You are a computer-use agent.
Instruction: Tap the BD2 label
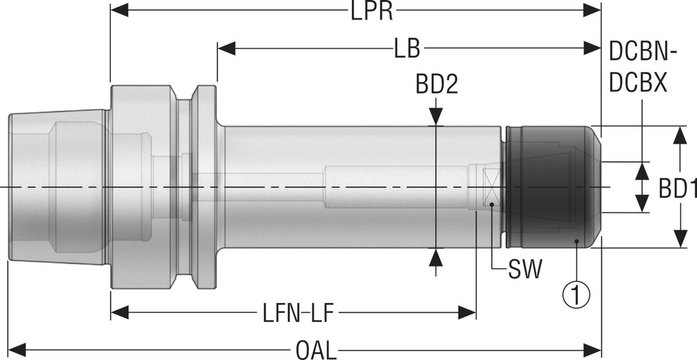tap(436, 84)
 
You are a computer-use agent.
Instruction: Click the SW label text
tap(525, 269)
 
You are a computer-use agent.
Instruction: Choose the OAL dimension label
tap(316, 350)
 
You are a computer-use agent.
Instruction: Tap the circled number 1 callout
tap(576, 295)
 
